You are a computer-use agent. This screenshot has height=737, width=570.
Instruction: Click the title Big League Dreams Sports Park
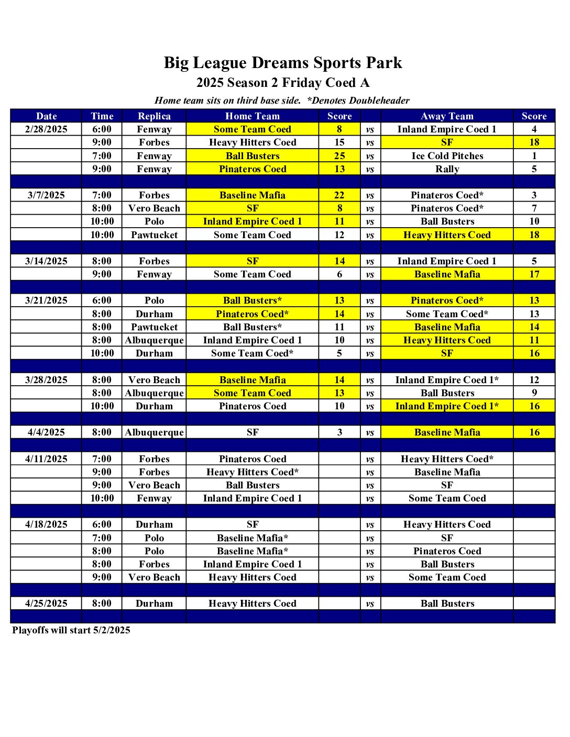(283, 63)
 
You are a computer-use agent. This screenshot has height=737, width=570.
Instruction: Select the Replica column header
(154, 116)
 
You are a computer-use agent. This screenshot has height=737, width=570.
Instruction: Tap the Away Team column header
(447, 116)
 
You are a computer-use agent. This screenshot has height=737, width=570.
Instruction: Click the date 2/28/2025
(46, 129)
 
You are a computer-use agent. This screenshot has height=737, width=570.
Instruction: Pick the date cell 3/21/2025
(46, 300)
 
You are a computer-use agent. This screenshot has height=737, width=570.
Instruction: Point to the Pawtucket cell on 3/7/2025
(154, 235)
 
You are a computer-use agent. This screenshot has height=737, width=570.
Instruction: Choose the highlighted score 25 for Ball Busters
(339, 156)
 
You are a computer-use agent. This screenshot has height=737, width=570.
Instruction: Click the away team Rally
(447, 169)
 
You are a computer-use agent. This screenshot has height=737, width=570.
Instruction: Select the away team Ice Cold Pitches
(447, 156)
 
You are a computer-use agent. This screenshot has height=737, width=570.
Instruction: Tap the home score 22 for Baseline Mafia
(339, 195)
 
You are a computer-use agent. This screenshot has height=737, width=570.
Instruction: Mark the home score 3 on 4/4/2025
(339, 432)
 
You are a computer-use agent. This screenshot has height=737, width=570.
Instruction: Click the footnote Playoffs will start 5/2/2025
(71, 630)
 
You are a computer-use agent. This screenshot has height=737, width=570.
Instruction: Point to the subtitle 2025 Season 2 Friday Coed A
(283, 83)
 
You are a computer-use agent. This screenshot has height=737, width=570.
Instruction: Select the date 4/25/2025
(46, 604)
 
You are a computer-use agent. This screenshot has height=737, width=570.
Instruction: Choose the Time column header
(102, 116)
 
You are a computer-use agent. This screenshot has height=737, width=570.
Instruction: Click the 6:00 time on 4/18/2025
(102, 524)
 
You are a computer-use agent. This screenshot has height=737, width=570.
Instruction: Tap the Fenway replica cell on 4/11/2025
(154, 498)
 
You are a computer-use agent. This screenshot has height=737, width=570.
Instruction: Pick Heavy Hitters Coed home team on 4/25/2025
(253, 604)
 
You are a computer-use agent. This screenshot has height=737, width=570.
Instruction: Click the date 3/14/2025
(46, 261)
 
